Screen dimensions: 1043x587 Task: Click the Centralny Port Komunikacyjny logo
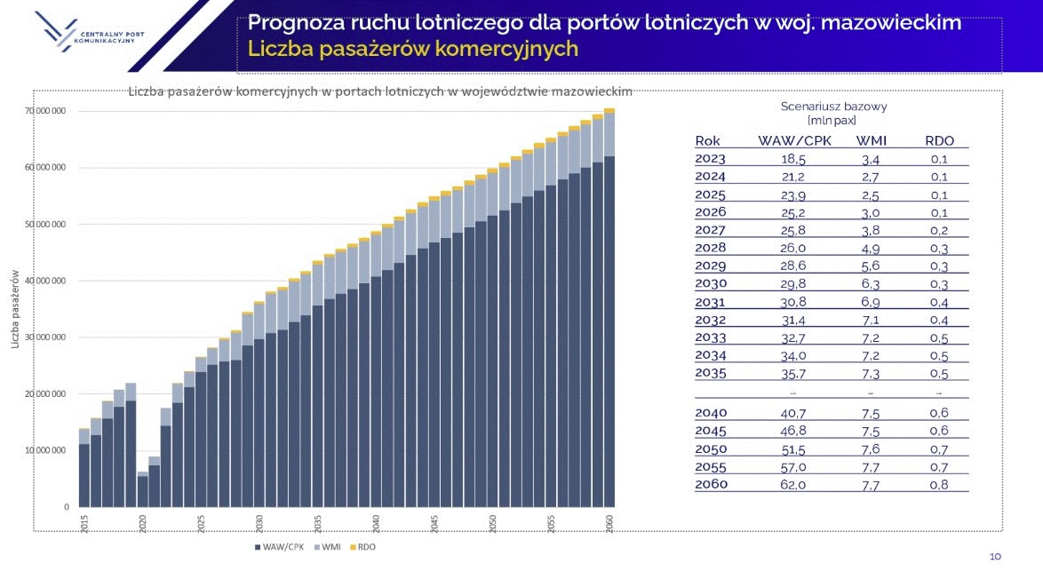(x=89, y=31)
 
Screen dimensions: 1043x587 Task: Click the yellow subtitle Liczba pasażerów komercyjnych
(x=413, y=49)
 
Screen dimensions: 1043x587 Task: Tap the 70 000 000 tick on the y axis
(x=45, y=110)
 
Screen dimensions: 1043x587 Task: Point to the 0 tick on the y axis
(x=67, y=506)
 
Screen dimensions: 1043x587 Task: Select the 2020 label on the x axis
(x=142, y=523)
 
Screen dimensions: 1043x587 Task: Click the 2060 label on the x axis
(x=609, y=523)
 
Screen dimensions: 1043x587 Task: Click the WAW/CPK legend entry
(x=279, y=547)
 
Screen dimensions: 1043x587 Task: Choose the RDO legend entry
(x=363, y=547)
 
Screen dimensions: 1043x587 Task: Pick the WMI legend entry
(x=327, y=547)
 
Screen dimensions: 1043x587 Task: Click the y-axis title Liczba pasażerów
(x=14, y=309)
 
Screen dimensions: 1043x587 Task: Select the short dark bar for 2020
(x=142, y=491)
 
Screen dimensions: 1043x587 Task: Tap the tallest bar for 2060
(x=609, y=307)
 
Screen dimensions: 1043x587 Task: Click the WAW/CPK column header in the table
(x=794, y=141)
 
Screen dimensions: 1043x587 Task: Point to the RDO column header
(x=939, y=141)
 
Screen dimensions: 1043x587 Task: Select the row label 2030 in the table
(x=711, y=284)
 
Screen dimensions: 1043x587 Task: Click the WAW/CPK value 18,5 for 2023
(x=792, y=159)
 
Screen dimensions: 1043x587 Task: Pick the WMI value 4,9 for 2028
(x=870, y=249)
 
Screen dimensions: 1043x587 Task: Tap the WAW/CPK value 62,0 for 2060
(x=792, y=485)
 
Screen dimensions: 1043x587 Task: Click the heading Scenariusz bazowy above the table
(x=833, y=107)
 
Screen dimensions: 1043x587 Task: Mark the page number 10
(x=995, y=557)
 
